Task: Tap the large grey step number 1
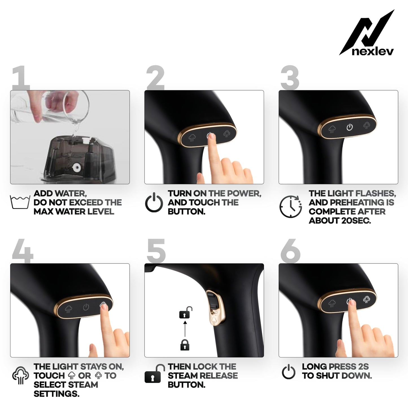tap(21, 78)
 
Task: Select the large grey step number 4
tap(23, 251)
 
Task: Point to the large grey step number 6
tap(290, 251)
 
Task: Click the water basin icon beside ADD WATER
tap(20, 202)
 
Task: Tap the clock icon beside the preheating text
tap(291, 206)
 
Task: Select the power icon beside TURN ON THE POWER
tap(154, 202)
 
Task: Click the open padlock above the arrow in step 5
tap(186, 312)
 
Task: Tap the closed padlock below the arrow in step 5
tap(185, 345)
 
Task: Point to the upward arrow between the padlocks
tap(185, 329)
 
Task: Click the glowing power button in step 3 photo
tap(350, 127)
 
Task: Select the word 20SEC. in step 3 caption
tap(356, 221)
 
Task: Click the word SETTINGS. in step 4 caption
tap(56, 394)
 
